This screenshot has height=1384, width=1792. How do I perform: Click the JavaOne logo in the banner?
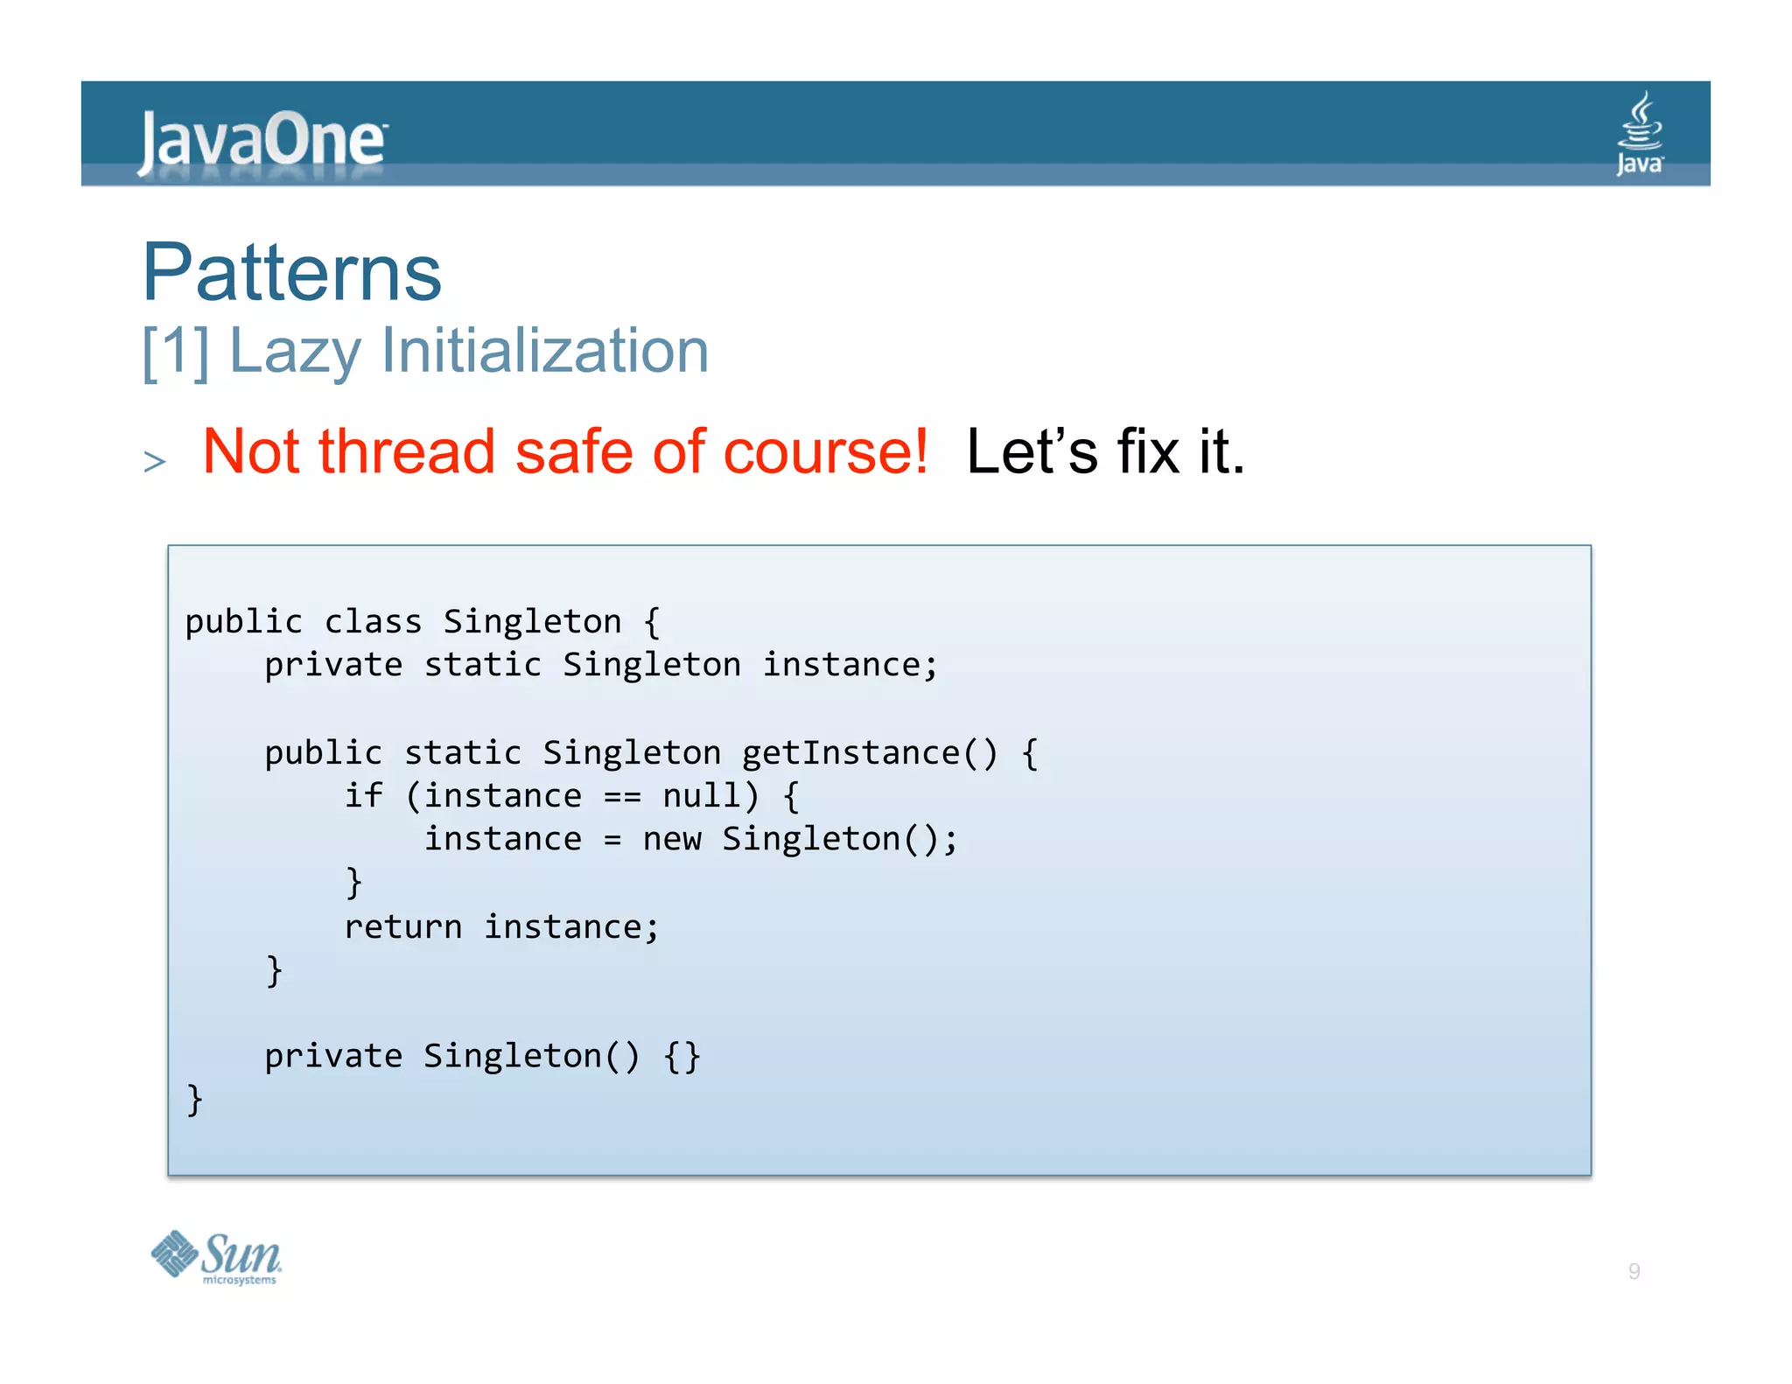point(262,140)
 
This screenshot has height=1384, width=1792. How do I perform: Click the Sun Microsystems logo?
point(216,1257)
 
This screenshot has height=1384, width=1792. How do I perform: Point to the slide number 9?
point(1634,1271)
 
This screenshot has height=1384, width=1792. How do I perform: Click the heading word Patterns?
point(292,272)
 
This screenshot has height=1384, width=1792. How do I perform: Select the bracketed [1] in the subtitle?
point(176,352)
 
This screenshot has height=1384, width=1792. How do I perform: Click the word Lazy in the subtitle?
point(295,352)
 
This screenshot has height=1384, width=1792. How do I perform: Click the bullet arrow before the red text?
point(155,460)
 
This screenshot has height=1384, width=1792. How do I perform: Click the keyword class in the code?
point(373,622)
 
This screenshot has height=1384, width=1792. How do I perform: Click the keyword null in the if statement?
point(701,796)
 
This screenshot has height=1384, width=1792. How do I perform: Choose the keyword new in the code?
point(671,840)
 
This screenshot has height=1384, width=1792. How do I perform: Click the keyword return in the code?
point(402,927)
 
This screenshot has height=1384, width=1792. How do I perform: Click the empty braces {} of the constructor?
point(682,1057)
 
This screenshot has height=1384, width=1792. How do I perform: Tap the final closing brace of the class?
point(194,1100)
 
